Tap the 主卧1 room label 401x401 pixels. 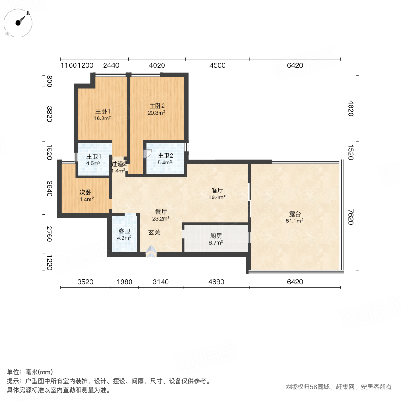pos(102,111)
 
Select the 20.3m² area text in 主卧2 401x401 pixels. pos(156,113)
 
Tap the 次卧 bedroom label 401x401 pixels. pos(85,192)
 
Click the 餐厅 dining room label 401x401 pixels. pos(161,212)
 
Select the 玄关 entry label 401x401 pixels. pos(154,233)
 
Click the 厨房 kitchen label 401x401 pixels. pos(216,236)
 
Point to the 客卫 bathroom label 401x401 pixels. pos(124,231)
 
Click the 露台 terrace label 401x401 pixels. pos(295,214)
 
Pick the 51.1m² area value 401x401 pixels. pos(295,221)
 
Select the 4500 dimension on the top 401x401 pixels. pos(217,65)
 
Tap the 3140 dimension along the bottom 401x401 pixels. pos(160,282)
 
